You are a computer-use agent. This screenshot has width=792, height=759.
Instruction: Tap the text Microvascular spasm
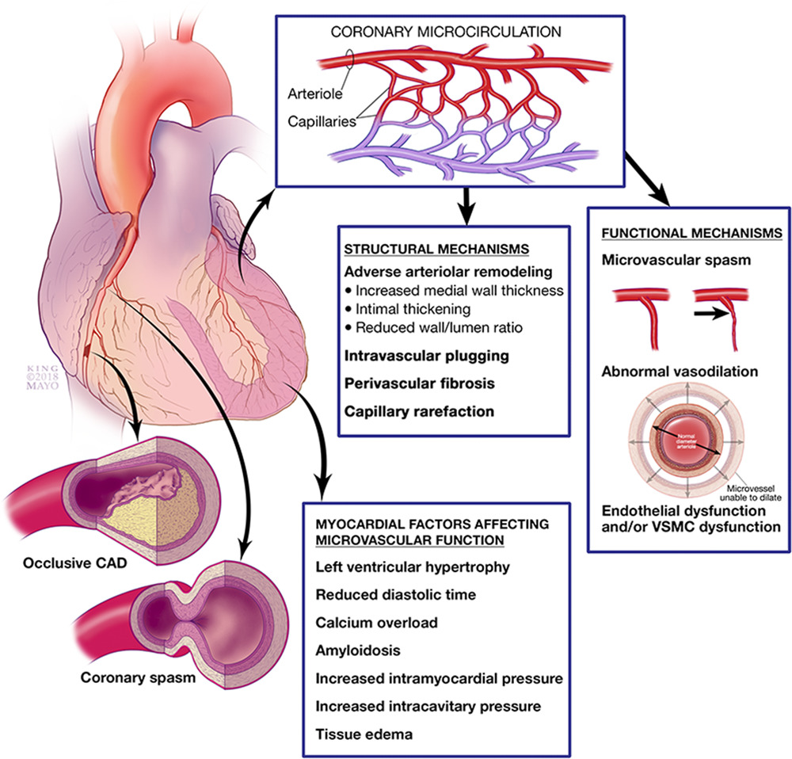point(664,259)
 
